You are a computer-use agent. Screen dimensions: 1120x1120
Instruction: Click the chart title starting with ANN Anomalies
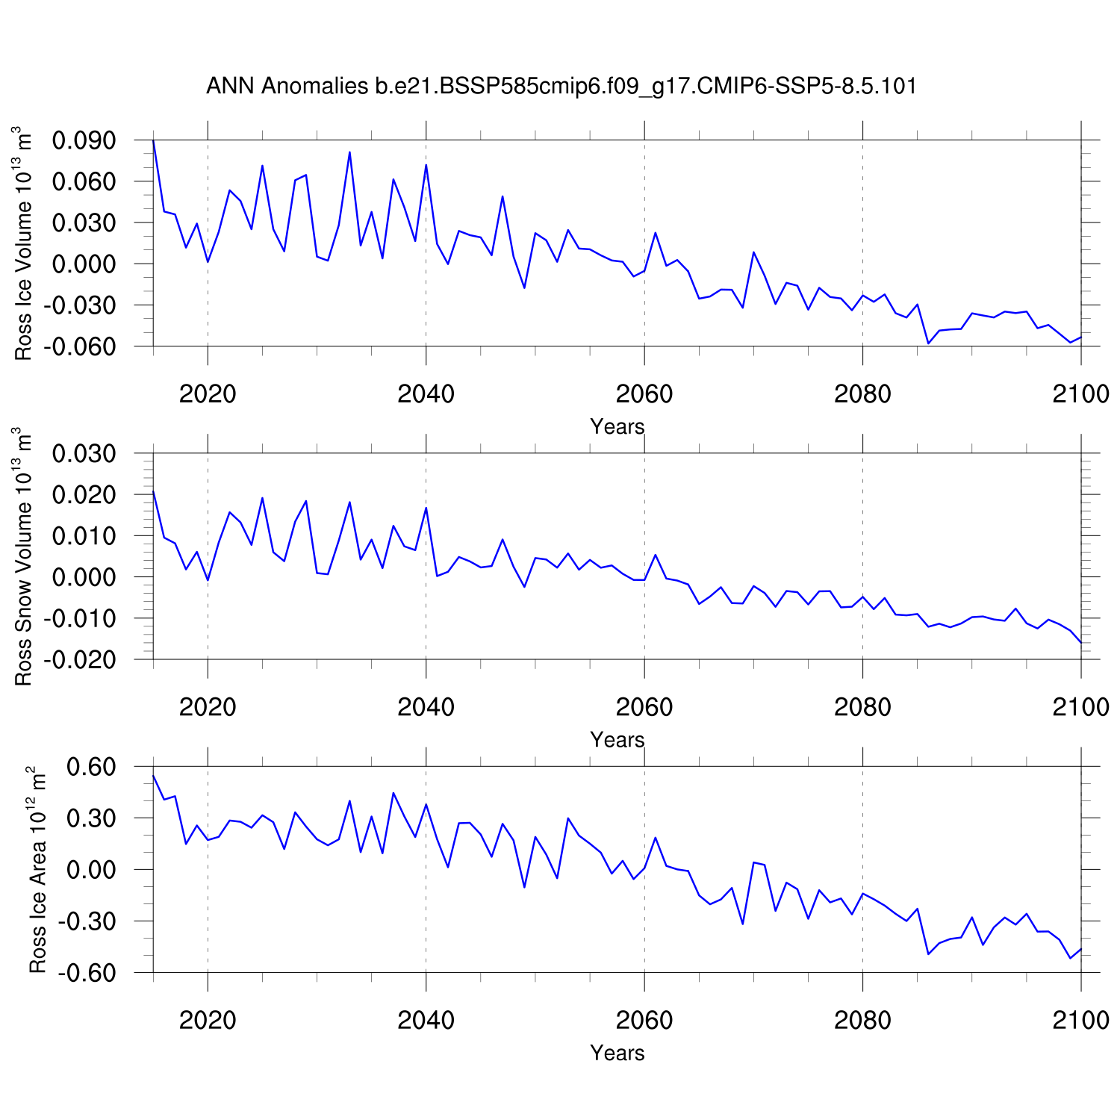tap(561, 87)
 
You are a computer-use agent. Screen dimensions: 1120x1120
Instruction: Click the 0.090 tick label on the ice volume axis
tap(84, 140)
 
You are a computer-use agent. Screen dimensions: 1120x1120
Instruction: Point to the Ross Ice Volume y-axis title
tap(24, 243)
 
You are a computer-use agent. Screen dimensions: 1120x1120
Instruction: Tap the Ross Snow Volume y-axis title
tap(24, 556)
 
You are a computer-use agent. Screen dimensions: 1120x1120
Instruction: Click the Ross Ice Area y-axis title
tap(37, 869)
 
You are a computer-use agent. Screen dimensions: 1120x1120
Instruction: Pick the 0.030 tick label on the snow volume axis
tap(84, 453)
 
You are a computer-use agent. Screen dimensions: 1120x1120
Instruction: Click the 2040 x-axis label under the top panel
tap(426, 394)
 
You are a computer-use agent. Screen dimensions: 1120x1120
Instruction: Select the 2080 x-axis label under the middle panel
tap(862, 707)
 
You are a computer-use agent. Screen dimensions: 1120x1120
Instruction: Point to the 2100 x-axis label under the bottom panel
tap(1080, 1020)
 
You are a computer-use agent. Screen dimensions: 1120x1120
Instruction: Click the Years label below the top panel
tap(617, 426)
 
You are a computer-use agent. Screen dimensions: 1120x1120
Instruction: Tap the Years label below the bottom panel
tap(617, 1053)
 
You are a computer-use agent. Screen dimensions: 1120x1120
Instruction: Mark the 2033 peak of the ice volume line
tap(349, 152)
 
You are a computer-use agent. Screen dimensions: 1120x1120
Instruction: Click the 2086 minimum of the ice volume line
tap(928, 343)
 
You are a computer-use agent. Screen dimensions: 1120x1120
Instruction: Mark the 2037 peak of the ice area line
tap(393, 793)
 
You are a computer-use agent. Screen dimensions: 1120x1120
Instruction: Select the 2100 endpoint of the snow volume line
tap(1080, 642)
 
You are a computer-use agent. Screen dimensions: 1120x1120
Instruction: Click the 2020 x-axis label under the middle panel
tap(208, 707)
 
